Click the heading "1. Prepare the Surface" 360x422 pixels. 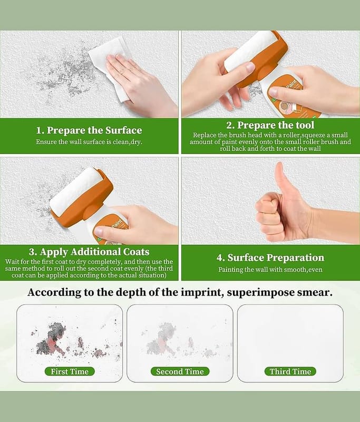[x=89, y=130]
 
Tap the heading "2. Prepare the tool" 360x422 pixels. [x=270, y=125]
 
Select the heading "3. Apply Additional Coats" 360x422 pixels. [x=89, y=252]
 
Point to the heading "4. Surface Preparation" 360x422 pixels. [x=270, y=258]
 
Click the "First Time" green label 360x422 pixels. [x=70, y=371]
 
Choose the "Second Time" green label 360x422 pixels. [x=180, y=371]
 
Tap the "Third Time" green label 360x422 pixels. [x=290, y=371]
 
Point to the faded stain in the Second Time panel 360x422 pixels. [x=163, y=339]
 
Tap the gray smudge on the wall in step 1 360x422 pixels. [x=63, y=71]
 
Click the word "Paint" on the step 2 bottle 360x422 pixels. [x=291, y=83]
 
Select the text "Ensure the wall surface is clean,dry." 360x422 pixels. [x=89, y=142]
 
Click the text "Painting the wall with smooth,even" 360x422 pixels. [x=270, y=270]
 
